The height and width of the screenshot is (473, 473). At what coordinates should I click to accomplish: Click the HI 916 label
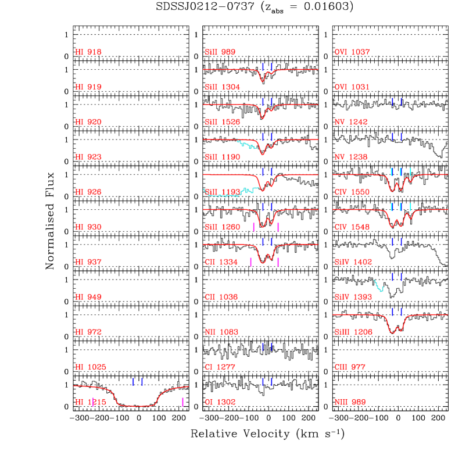coord(88,52)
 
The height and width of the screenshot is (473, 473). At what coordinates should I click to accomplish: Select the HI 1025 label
coord(91,367)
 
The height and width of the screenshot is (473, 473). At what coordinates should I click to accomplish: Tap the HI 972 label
coord(88,332)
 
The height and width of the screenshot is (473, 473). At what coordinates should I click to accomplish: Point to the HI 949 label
coord(88,297)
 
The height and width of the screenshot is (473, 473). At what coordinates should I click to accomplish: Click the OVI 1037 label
coord(352,52)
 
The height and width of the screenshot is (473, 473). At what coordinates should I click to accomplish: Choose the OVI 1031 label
coord(352,87)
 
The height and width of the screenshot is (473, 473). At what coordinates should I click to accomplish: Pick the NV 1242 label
coord(350,123)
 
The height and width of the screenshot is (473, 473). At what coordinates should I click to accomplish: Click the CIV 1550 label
coord(352,192)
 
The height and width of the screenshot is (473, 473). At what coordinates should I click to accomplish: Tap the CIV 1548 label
coord(352,227)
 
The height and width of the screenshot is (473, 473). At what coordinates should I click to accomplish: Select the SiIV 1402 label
coord(353,262)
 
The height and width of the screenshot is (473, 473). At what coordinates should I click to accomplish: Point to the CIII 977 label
coord(350,367)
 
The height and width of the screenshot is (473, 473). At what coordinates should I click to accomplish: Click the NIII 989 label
coord(350,402)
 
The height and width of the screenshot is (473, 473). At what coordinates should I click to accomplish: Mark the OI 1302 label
coord(220,402)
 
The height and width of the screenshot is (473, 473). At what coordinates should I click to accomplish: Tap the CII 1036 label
coord(221,297)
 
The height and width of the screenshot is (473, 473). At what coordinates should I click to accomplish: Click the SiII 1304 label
coord(223,87)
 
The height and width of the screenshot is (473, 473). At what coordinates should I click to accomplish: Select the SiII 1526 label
coord(223,123)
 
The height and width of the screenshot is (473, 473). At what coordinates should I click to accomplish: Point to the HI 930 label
coord(88,227)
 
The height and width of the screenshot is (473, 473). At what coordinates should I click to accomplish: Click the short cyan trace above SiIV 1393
coord(378,286)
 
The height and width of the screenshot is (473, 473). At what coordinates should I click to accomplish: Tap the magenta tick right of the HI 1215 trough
coord(182,402)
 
